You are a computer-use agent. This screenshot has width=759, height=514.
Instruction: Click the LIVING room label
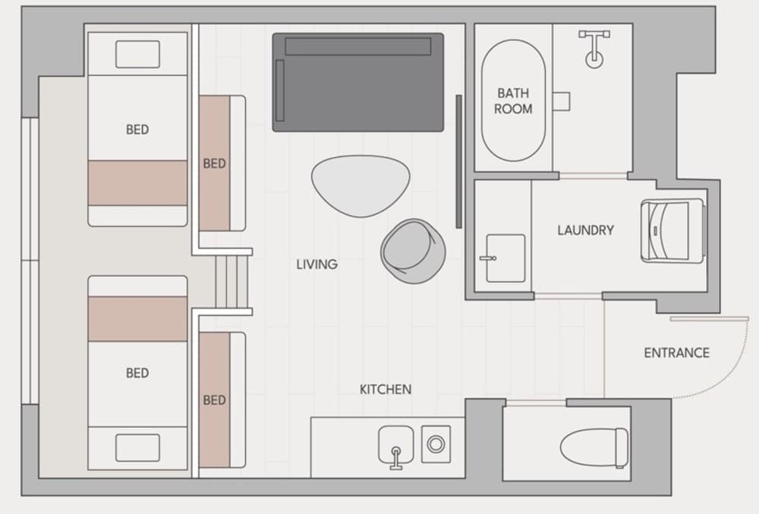click(317, 264)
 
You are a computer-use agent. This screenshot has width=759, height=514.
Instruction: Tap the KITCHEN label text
click(385, 389)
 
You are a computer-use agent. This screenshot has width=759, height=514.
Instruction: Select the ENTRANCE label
click(676, 353)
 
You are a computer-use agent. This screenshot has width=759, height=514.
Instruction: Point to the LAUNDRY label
click(585, 230)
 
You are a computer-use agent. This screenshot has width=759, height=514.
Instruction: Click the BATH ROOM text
click(513, 101)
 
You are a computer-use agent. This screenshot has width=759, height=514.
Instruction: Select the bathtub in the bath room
click(513, 100)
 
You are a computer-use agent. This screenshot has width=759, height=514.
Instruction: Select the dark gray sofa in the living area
click(357, 82)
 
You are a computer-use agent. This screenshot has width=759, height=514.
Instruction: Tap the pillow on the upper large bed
click(137, 54)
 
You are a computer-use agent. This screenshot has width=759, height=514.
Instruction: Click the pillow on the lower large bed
click(137, 448)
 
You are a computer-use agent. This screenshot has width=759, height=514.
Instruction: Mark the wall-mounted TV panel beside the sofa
click(458, 161)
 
